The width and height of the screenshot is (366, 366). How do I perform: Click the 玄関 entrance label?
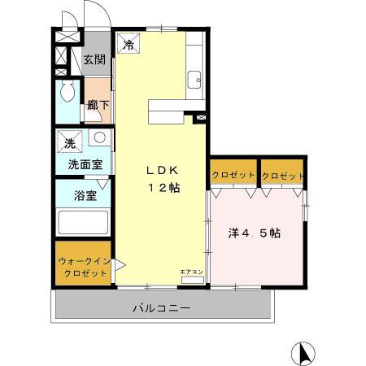click(94, 60)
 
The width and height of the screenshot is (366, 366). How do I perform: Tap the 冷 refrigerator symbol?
click(129, 46)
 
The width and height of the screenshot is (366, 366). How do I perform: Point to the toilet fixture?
click(67, 90)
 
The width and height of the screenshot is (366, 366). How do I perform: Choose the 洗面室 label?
click(84, 164)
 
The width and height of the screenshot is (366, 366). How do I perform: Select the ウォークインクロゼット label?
click(83, 267)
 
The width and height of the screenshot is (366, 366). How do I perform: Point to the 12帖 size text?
click(163, 188)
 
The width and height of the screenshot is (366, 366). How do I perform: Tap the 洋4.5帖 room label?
click(254, 233)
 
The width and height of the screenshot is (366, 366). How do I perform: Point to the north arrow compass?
click(302, 353)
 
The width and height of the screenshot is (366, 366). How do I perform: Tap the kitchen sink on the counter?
click(194, 80)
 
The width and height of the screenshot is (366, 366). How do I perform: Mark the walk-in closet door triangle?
click(118, 264)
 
